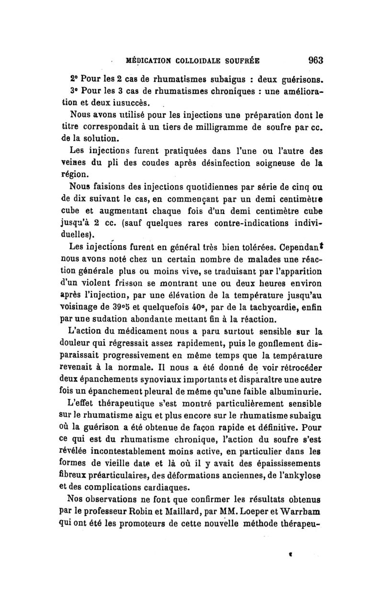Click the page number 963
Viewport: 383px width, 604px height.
316,60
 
